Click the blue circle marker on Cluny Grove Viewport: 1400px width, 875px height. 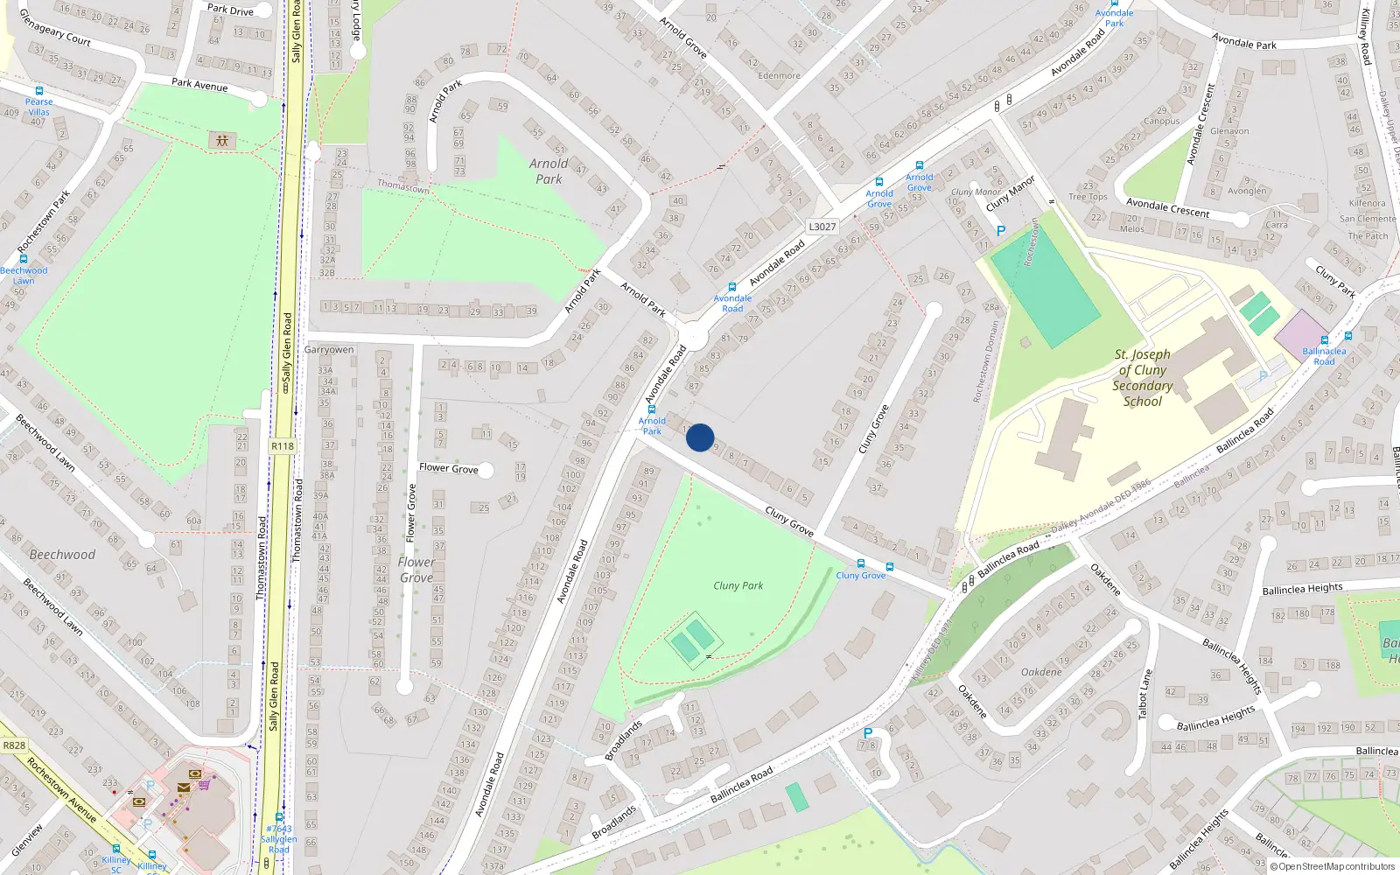tap(700, 437)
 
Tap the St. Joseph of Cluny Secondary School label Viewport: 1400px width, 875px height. tap(1142, 378)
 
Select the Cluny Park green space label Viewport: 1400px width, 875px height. tap(738, 585)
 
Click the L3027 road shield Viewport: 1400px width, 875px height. tap(822, 227)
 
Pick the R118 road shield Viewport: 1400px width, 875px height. tap(283, 446)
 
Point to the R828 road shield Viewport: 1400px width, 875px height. tap(14, 745)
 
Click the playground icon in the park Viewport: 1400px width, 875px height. tap(222, 140)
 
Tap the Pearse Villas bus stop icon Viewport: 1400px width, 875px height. tap(39, 91)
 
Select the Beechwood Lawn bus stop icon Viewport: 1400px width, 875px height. tap(24, 259)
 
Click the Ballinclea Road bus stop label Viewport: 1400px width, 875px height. tap(1324, 356)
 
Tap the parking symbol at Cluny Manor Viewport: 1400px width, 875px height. tap(1001, 231)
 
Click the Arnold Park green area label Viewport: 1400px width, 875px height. tap(549, 171)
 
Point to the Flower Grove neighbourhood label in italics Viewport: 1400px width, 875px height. tap(416, 570)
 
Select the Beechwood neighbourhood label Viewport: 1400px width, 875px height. tap(62, 554)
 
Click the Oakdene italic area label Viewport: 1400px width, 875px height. tap(1041, 672)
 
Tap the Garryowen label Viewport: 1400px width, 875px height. tap(329, 350)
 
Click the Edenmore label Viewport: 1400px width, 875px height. tap(779, 76)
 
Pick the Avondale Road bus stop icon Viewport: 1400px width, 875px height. tap(731, 286)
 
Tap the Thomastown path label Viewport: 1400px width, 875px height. tap(403, 186)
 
